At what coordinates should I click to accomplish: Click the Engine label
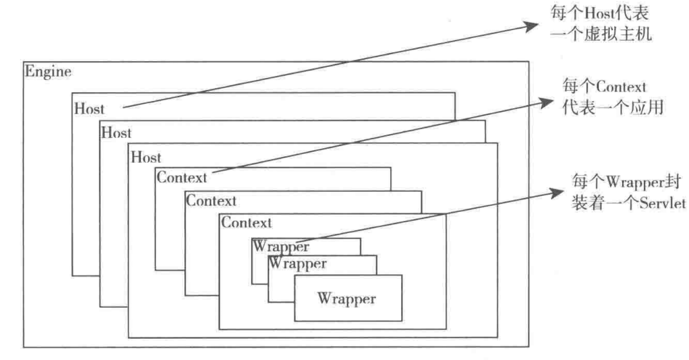pyautogui.click(x=48, y=71)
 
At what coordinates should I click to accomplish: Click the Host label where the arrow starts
pyautogui.click(x=90, y=109)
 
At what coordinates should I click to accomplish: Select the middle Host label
pyautogui.click(x=116, y=133)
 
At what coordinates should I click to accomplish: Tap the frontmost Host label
pyautogui.click(x=146, y=157)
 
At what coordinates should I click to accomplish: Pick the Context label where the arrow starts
pyautogui.click(x=182, y=176)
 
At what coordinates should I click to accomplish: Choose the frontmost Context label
pyautogui.click(x=247, y=223)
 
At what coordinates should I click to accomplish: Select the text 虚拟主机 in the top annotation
pyautogui.click(x=619, y=35)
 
